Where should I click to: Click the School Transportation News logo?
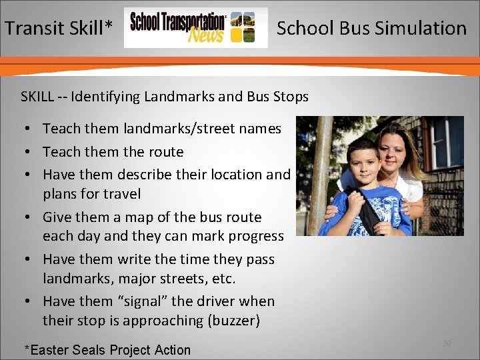[195, 28]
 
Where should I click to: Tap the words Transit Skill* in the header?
[59, 28]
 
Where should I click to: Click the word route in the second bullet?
[165, 152]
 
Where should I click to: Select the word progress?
[256, 236]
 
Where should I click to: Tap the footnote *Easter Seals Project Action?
[107, 350]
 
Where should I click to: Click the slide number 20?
[447, 343]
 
